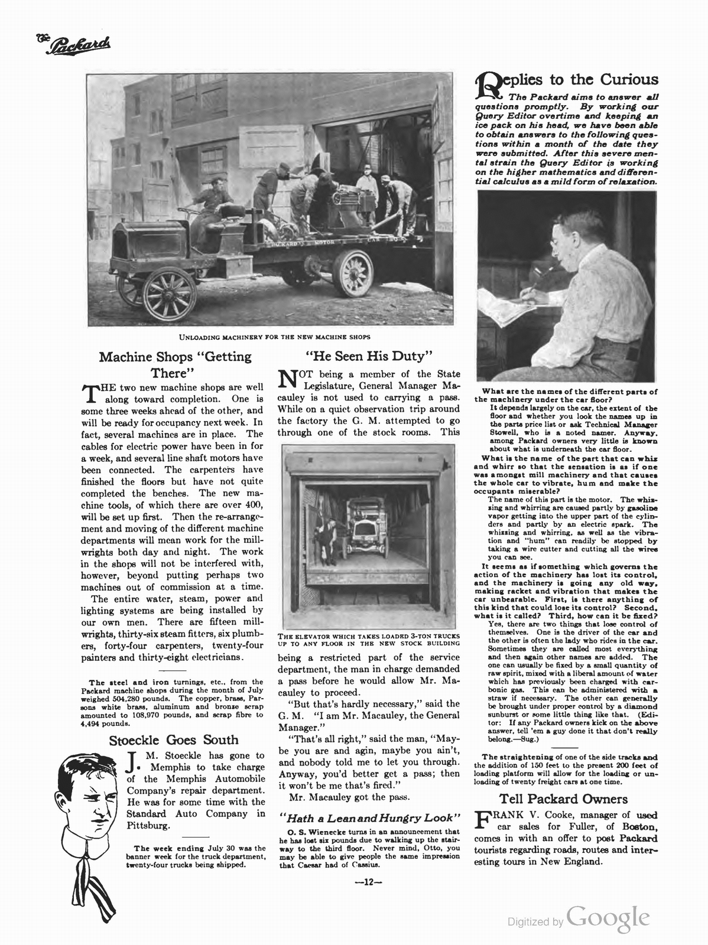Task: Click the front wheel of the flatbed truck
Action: (169, 293)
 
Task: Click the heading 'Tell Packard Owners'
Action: (563, 799)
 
